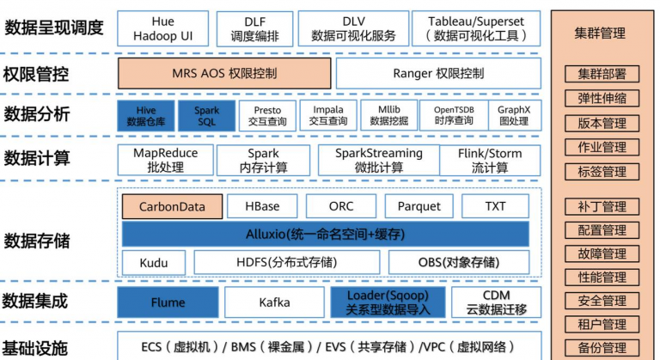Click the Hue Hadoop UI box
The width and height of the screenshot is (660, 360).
click(162, 28)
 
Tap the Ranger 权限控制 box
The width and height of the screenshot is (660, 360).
click(438, 73)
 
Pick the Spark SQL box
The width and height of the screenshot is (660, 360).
click(206, 115)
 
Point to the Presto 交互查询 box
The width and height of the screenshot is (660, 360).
click(266, 115)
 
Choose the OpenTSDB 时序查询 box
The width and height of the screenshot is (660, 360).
click(453, 115)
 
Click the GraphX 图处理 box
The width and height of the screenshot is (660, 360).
click(514, 115)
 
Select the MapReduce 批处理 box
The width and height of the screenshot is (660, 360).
click(165, 160)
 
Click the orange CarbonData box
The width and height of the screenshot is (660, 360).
click(172, 206)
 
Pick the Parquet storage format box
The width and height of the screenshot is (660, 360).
click(419, 206)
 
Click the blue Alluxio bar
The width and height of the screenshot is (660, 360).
click(326, 234)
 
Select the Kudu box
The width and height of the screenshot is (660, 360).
click(152, 262)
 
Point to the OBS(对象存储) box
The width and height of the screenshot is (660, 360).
click(465, 262)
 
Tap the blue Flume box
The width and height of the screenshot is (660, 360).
click(168, 302)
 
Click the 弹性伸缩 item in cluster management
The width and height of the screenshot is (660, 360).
click(602, 98)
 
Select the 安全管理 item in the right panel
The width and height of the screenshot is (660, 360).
click(602, 301)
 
